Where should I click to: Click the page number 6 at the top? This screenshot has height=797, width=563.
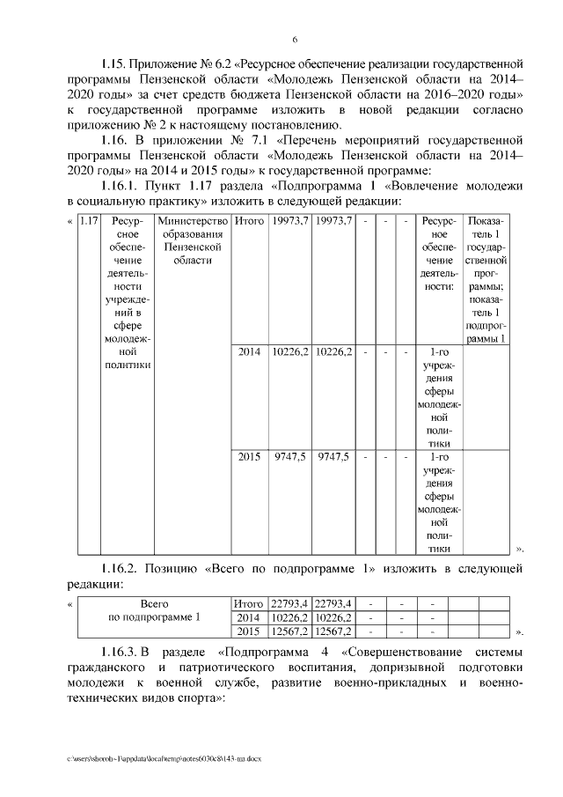pyautogui.click(x=295, y=39)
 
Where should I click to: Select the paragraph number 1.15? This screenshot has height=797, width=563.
pyautogui.click(x=114, y=64)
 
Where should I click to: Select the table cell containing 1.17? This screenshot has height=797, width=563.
pyautogui.click(x=88, y=220)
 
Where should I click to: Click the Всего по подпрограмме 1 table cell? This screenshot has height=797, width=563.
pyautogui.click(x=154, y=610)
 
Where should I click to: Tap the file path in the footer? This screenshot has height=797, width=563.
pyautogui.click(x=162, y=758)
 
